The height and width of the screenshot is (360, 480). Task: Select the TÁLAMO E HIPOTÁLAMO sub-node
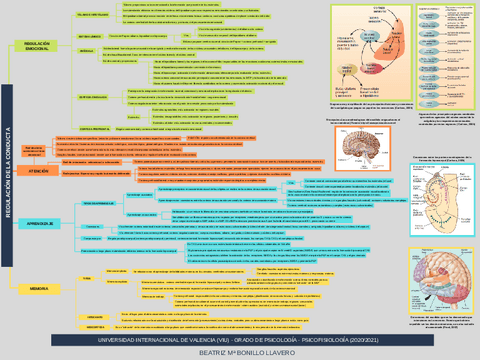click(x=95, y=16)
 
